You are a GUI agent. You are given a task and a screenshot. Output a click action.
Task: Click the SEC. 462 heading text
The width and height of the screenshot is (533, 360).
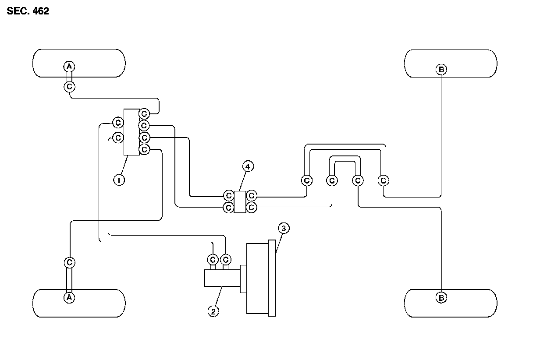28,11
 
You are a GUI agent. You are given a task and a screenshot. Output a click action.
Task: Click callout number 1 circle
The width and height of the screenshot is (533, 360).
119,180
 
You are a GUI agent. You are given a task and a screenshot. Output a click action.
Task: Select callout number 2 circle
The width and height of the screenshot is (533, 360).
213,311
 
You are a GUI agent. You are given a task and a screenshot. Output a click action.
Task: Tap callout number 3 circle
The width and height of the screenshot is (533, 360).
284,228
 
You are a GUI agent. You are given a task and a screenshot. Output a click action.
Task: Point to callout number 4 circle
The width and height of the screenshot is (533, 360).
248,166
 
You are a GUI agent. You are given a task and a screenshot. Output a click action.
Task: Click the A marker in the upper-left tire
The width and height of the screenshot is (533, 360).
69,67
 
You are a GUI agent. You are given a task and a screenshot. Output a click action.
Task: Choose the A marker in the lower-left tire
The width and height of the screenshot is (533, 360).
69,297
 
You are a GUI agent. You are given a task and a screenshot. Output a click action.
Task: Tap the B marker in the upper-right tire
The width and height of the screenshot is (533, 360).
441,69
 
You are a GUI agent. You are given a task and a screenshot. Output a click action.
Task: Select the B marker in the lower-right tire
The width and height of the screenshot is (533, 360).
441,298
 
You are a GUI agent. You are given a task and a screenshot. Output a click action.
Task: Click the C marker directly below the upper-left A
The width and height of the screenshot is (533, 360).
69,87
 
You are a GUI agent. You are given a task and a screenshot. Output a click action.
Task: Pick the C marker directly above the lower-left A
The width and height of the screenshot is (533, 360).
69,262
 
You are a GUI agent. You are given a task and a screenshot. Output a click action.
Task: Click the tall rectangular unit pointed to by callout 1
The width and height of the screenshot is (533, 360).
131,132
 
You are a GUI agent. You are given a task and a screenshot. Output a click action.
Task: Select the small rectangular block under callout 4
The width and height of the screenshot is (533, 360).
240,201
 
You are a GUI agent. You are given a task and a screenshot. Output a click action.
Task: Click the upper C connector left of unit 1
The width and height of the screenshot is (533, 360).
117,122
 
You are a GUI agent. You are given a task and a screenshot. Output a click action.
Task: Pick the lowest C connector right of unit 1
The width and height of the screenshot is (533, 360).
144,150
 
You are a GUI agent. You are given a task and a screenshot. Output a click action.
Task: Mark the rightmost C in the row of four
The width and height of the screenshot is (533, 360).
384,180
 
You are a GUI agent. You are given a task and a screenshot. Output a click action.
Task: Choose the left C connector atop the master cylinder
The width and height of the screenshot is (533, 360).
213,260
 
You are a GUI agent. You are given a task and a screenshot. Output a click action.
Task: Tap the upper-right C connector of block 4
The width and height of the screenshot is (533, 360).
252,195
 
